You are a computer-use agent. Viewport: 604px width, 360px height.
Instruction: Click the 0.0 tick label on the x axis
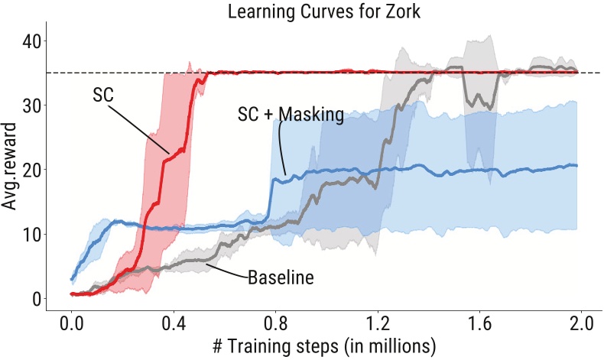click(71, 321)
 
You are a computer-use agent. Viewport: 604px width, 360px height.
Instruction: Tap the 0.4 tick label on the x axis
click(174, 321)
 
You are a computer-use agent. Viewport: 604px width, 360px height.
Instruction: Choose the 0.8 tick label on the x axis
click(275, 321)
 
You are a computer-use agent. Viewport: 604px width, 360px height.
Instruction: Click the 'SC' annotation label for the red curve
click(102, 95)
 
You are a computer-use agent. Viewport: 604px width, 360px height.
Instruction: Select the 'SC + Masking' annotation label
click(290, 115)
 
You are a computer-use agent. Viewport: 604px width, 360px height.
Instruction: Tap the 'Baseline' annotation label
click(281, 277)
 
